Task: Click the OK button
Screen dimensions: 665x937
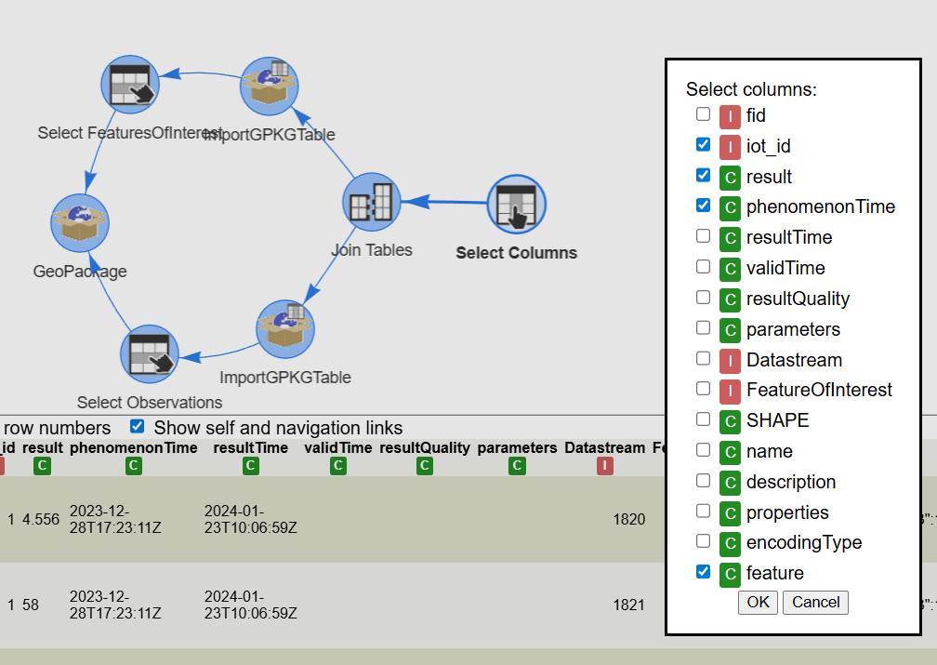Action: coord(758,602)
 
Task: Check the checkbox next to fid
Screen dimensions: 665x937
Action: coord(704,115)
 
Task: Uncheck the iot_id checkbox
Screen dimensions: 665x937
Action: coord(704,145)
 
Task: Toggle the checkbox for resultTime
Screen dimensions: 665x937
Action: coord(704,236)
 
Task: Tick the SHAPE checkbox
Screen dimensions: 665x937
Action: coord(704,419)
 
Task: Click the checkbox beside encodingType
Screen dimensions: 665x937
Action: coord(704,541)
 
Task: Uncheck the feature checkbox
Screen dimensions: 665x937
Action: coord(704,572)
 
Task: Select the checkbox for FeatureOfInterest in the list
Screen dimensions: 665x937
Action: coord(704,389)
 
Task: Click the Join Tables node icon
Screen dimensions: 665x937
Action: coord(372,202)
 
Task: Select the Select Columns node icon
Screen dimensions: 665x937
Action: coord(517,205)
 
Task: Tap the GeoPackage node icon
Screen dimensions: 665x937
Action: coord(79,224)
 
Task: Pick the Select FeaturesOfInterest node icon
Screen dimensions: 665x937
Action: coord(130,86)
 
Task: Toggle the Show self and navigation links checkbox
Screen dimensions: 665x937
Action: coord(138,427)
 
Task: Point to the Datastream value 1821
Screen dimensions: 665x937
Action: coord(628,605)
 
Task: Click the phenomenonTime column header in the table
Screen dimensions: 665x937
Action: coord(134,448)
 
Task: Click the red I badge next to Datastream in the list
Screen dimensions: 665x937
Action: coord(730,360)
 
